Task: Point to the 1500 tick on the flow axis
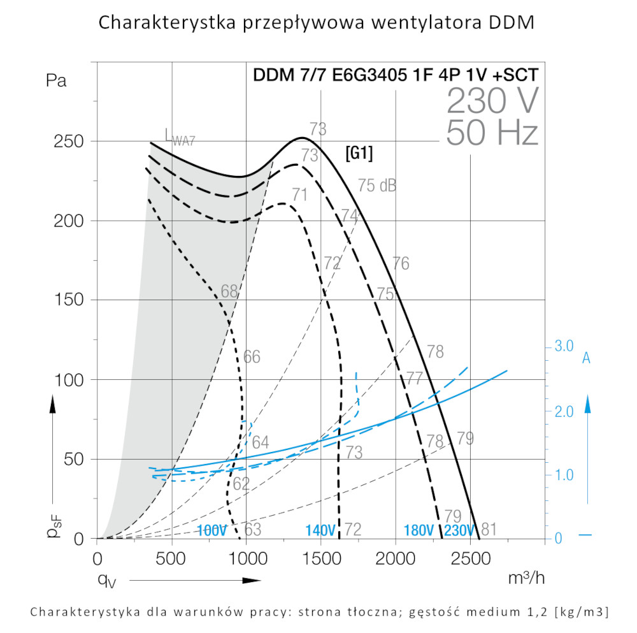321,559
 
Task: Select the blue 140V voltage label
320,530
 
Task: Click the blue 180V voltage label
419,530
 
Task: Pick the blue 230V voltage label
459,530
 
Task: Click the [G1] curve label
359,153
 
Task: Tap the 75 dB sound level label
376,186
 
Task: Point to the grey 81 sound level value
489,528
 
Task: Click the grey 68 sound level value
229,292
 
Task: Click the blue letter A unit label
587,359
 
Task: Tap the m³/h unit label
527,578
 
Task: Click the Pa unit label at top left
56,81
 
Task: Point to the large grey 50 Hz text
492,132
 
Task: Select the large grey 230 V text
492,100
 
